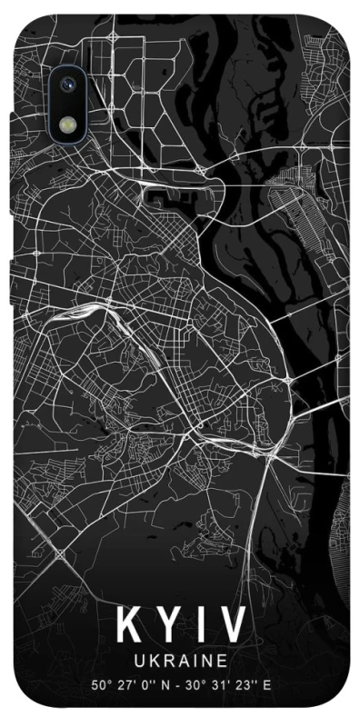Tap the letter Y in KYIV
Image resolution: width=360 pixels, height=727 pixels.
point(165,626)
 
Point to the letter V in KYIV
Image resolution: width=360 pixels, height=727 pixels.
point(231,626)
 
